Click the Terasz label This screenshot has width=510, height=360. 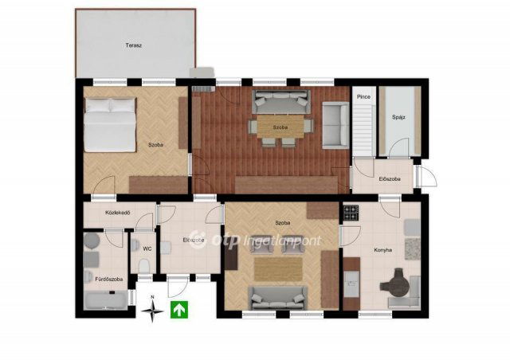click(134, 45)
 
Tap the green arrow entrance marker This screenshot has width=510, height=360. click(179, 310)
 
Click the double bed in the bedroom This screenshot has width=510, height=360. click(110, 125)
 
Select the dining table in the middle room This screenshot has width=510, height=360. click(280, 126)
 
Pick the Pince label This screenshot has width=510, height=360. click(363, 96)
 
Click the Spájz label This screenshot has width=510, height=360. click(398, 117)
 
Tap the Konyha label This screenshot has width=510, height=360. click(382, 250)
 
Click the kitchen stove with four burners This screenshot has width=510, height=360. click(351, 213)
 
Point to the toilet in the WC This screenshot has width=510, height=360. click(143, 266)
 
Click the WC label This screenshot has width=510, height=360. click(147, 248)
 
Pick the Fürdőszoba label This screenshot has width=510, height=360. click(109, 279)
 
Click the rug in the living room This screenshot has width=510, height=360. click(278, 269)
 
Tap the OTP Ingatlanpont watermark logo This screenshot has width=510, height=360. click(255, 240)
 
